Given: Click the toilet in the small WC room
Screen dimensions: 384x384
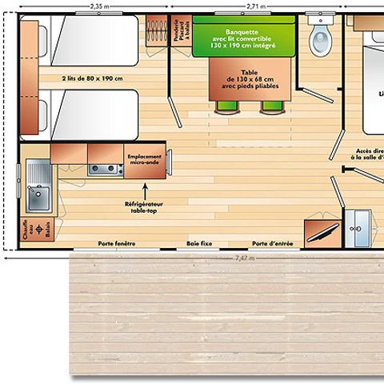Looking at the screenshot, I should tap(321, 36).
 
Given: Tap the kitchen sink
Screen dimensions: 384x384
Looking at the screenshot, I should tap(37, 191).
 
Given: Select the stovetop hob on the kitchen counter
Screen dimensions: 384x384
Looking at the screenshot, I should tap(105, 169).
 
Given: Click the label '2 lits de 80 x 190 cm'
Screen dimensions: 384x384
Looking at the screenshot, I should tap(90, 78).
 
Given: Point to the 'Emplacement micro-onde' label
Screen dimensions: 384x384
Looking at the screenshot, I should tap(144, 160).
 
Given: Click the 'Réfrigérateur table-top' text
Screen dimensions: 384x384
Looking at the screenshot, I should tap(145, 207).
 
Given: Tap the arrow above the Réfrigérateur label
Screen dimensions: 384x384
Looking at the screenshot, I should tap(145, 190).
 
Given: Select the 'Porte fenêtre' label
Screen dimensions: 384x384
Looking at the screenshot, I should tap(117, 243).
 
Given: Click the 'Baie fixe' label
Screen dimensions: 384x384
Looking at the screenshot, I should tap(199, 243).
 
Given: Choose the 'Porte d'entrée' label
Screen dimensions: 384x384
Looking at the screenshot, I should tap(273, 243).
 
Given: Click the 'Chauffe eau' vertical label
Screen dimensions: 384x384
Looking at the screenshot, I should tap(25, 230).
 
